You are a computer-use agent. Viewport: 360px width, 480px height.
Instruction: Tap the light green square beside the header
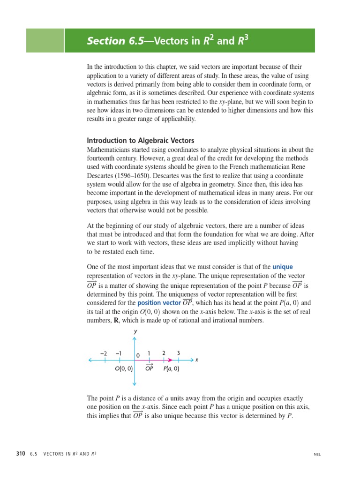pyautogui.click(x=45, y=40)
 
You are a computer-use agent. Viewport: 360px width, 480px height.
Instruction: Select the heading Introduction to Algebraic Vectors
pyautogui.click(x=141, y=141)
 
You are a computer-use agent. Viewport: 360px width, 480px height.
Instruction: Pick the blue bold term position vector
pyautogui.click(x=159, y=303)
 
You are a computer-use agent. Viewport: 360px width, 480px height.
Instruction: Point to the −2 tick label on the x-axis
pyautogui.click(x=104, y=353)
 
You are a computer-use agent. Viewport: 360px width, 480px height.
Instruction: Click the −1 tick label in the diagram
pyautogui.click(x=119, y=353)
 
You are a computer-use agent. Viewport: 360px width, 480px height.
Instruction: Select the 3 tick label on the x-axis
pyautogui.click(x=179, y=353)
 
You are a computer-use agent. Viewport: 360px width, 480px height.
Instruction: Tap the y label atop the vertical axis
pyautogui.click(x=135, y=331)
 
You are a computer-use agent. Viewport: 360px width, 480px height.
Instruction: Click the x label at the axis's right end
pyautogui.click(x=197, y=360)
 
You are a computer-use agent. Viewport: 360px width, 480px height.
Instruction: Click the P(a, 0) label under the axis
pyautogui.click(x=171, y=369)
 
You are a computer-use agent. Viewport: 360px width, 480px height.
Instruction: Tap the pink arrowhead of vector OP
pyautogui.click(x=170, y=360)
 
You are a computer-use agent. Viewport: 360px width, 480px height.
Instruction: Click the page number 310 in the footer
pyautogui.click(x=20, y=454)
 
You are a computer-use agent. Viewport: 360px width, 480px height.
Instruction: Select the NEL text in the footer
pyautogui.click(x=317, y=454)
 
